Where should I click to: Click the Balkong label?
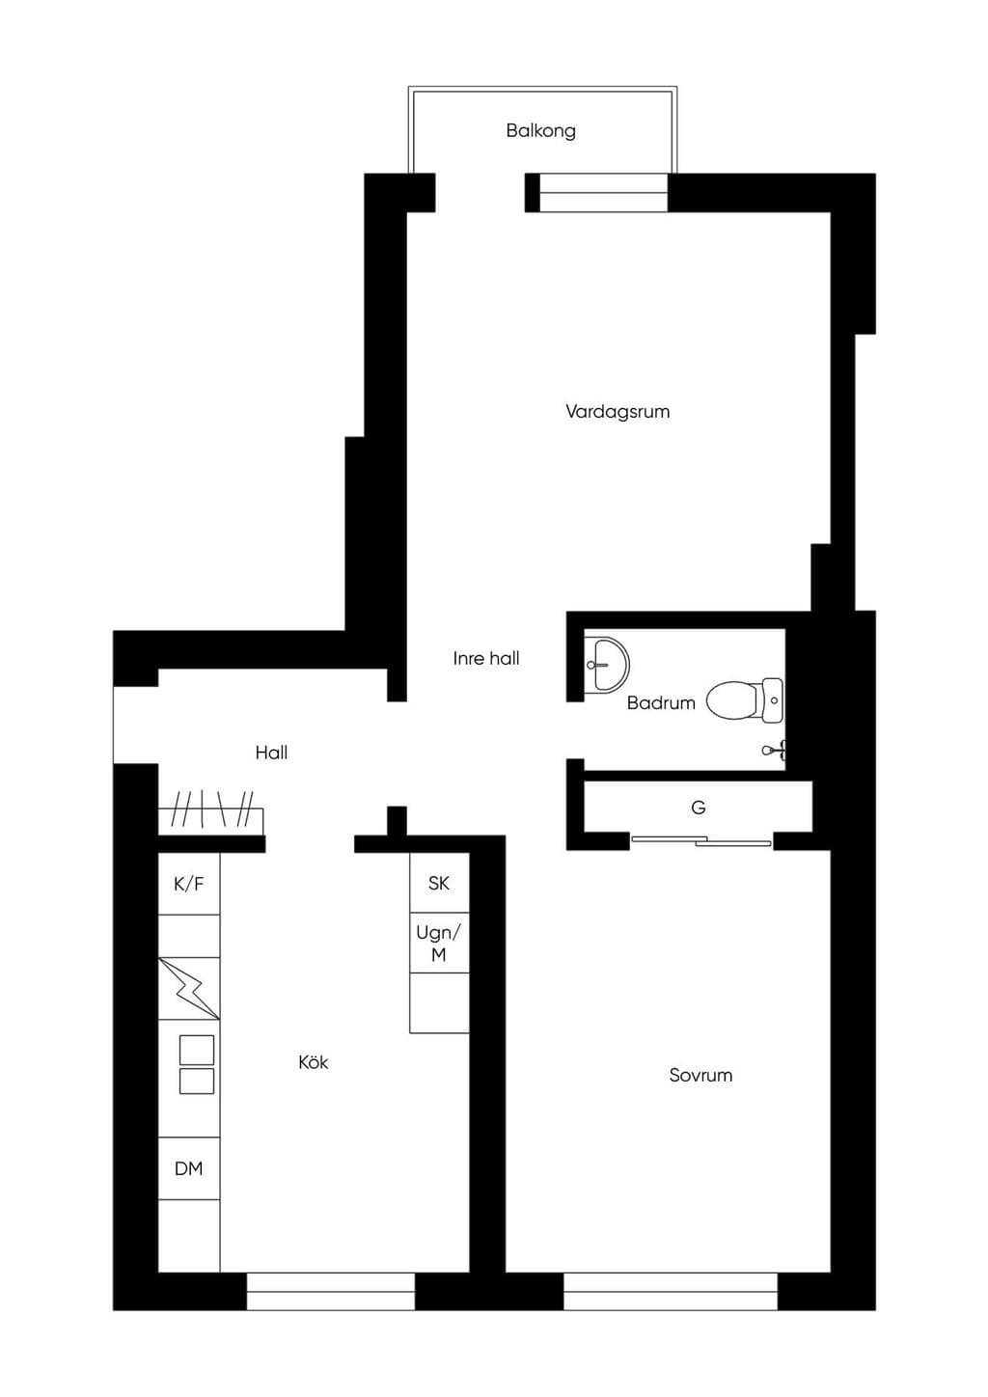[540, 131]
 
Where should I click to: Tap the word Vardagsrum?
[617, 412]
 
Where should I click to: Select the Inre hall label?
[486, 658]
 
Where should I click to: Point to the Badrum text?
[661, 703]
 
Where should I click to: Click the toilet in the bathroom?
[745, 700]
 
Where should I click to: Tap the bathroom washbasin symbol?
[606, 664]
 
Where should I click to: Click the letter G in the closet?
[698, 808]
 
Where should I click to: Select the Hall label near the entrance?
[271, 753]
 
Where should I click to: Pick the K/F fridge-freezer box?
[189, 884]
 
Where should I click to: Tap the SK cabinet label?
[438, 883]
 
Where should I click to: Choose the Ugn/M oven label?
[438, 943]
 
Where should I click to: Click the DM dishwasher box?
[189, 1168]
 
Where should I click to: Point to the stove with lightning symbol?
[189, 989]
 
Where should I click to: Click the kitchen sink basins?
[197, 1064]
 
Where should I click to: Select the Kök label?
[314, 1062]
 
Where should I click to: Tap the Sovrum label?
[700, 1075]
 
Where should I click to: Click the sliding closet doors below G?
[701, 841]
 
